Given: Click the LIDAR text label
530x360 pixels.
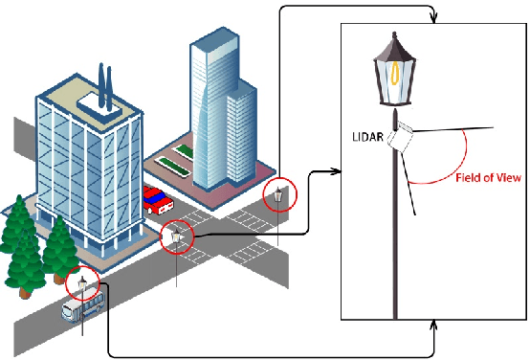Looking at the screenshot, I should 368,138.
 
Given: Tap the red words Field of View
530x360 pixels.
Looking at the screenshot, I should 486,178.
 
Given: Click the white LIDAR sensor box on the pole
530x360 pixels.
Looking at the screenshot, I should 400,139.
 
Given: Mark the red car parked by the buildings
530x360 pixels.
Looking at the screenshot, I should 158,200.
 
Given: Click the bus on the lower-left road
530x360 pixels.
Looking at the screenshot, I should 82,307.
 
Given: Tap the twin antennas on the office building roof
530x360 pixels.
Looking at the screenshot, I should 104,76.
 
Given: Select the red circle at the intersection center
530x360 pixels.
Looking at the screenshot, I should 177,236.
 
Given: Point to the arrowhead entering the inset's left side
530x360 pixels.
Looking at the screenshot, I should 337,172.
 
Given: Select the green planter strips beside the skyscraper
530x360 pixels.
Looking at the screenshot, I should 178,162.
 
